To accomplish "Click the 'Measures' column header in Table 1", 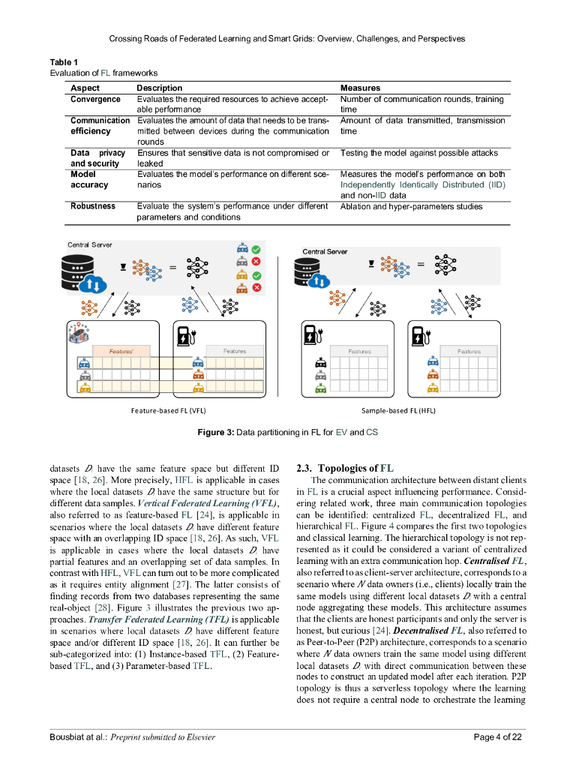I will (x=360, y=88).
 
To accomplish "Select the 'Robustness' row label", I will (x=93, y=206).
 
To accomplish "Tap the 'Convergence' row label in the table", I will (x=95, y=99).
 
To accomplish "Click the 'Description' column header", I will (x=159, y=88).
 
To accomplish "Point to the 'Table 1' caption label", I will (x=64, y=61).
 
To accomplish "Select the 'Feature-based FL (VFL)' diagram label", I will (x=168, y=411).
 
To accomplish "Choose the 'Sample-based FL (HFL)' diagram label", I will (x=398, y=411).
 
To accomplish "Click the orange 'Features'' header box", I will (x=121, y=351).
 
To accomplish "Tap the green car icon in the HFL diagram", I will (x=321, y=388).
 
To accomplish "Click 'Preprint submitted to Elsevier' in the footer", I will (x=163, y=736).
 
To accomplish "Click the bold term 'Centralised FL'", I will (x=497, y=561).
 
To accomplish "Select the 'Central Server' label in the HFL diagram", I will (x=325, y=251).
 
